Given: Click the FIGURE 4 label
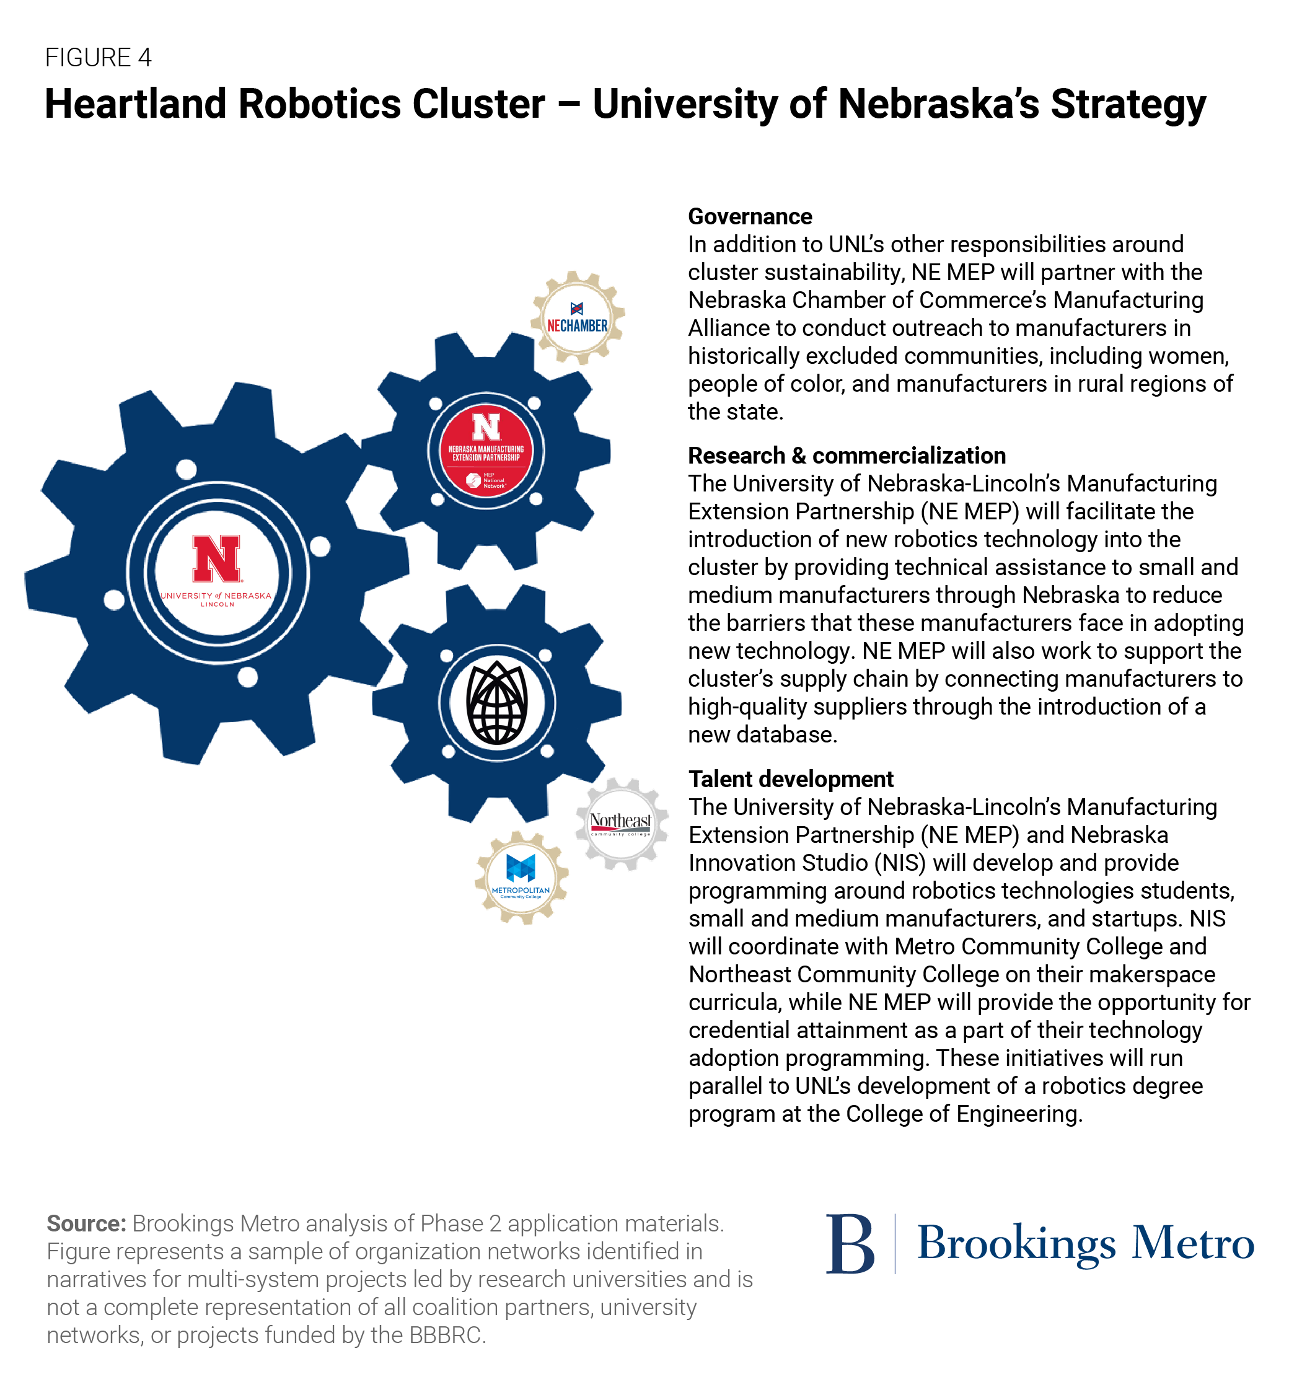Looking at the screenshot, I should (x=99, y=57).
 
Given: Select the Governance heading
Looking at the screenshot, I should (x=749, y=216).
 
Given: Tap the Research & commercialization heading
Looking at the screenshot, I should (x=847, y=456).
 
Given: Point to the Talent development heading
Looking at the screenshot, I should (x=791, y=778).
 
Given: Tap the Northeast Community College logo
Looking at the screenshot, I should (x=620, y=823).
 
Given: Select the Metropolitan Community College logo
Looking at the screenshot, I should (x=521, y=877).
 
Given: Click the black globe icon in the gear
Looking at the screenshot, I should (x=497, y=702).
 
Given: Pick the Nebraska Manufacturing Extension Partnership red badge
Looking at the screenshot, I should (x=486, y=450).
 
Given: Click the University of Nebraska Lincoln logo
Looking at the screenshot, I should (x=217, y=570).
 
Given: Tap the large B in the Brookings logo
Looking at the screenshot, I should (x=850, y=1244).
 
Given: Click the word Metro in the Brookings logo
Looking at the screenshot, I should (x=1192, y=1243).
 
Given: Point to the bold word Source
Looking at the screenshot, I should (x=86, y=1224).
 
